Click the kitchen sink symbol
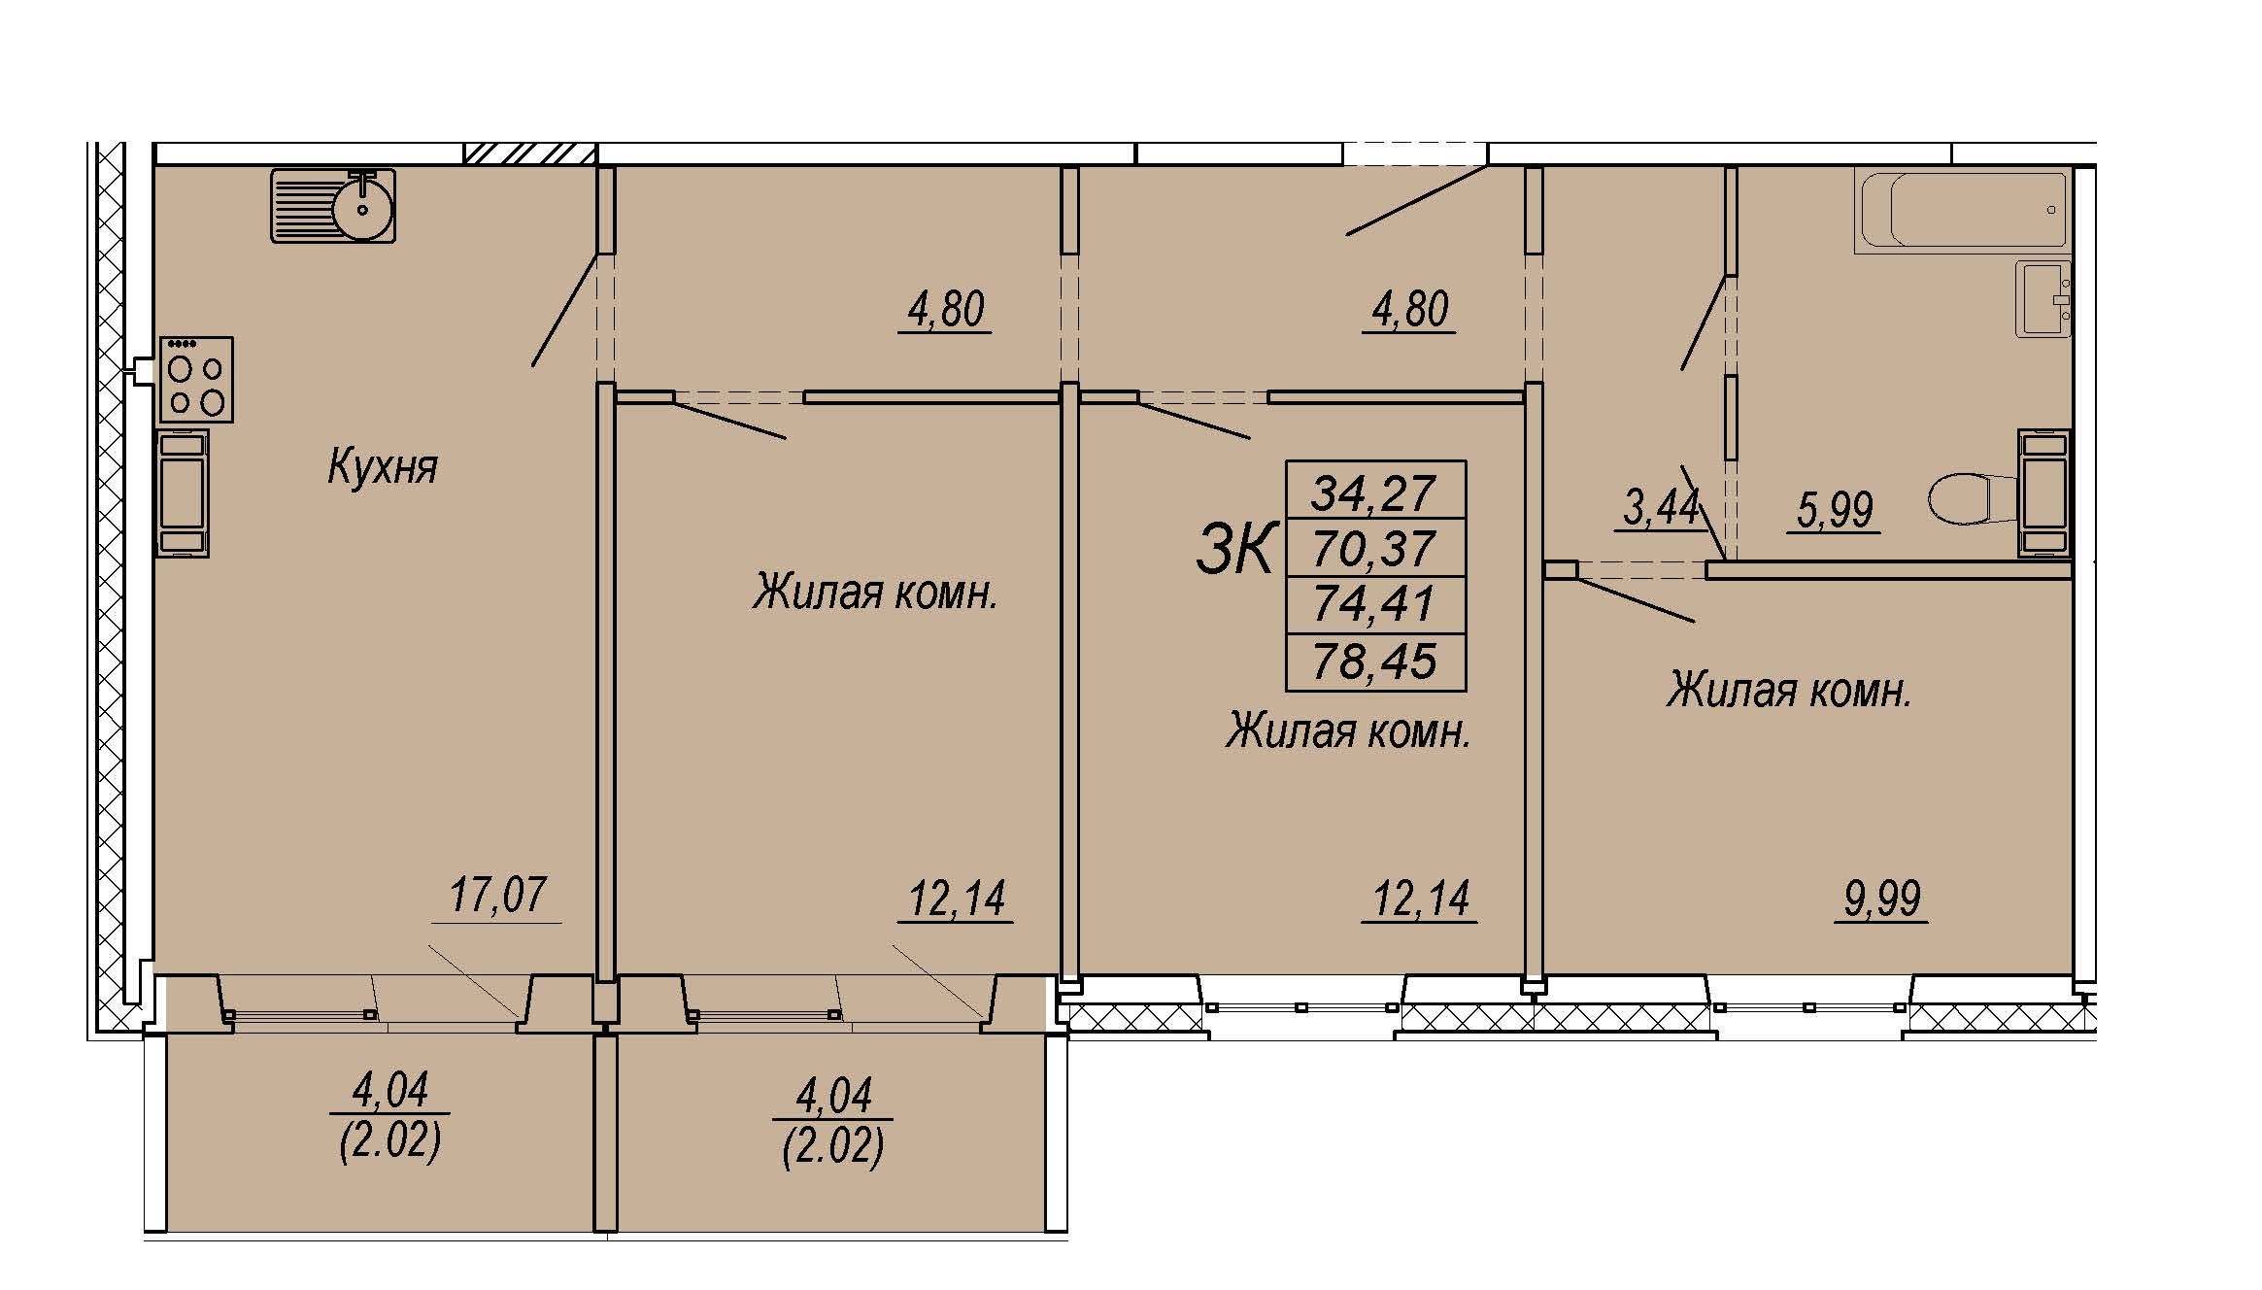click(333, 205)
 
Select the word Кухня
click(383, 466)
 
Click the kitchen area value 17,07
click(497, 895)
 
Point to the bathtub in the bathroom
click(1963, 210)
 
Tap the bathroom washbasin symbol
click(2044, 298)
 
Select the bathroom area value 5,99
click(1835, 509)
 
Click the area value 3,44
click(1661, 507)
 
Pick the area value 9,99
click(1882, 899)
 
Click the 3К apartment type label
click(1234, 549)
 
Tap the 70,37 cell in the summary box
click(1375, 548)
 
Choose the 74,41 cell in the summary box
click(1375, 605)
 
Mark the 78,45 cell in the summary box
click(1375, 662)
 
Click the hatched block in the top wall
click(529, 153)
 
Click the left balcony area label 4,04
click(389, 1090)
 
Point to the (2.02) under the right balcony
click(833, 1147)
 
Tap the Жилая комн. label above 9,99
click(1789, 692)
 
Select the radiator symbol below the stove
click(183, 493)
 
